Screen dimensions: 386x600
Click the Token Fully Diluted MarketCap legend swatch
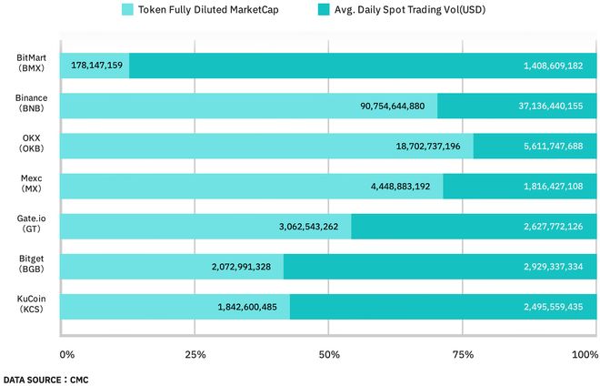click(x=127, y=10)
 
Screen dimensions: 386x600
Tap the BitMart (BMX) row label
click(x=31, y=63)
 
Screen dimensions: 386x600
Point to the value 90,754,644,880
click(x=392, y=107)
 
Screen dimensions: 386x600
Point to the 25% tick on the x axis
click(x=195, y=354)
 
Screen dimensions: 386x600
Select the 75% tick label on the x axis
click(x=463, y=354)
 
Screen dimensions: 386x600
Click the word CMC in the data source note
click(x=78, y=378)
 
